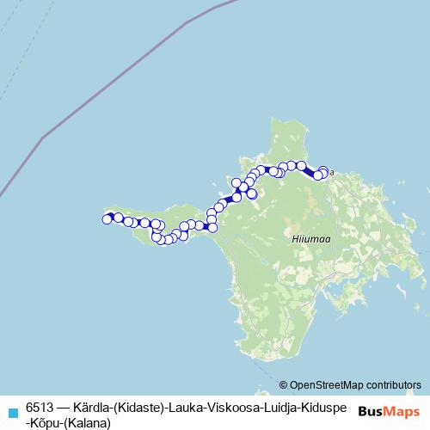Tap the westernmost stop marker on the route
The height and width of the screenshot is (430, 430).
[x=107, y=219]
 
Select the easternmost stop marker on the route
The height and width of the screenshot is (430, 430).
[x=324, y=173]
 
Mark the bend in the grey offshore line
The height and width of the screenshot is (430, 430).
[x=43, y=135]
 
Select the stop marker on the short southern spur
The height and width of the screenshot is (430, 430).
[x=253, y=194]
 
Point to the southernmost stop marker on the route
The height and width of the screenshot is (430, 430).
[x=162, y=240]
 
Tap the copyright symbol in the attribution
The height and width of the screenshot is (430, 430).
[x=284, y=384]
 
